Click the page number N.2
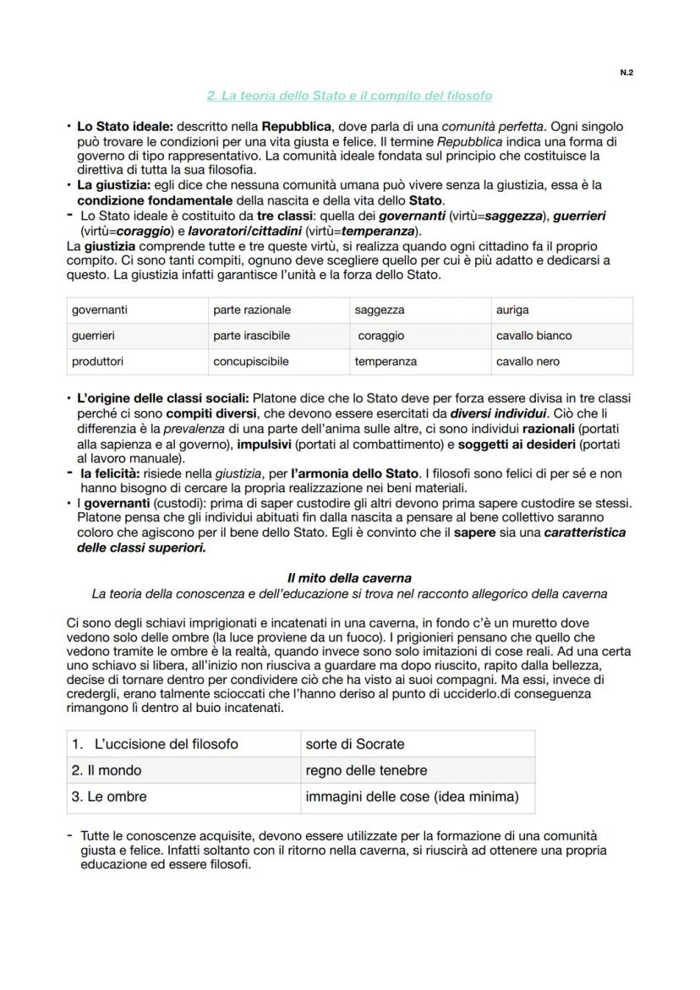(626, 73)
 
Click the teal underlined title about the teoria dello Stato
(349, 96)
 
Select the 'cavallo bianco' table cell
(533, 336)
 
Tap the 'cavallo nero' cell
(527, 361)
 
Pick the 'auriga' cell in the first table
(512, 310)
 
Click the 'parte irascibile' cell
(251, 336)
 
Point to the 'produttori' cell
(97, 361)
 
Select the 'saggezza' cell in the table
(380, 310)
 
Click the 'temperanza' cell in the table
(386, 361)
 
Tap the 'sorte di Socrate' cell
(355, 744)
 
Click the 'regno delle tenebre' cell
(366, 770)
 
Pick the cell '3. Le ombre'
(109, 796)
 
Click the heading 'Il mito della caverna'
(349, 578)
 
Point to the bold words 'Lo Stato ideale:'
(124, 126)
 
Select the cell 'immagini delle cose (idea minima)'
(412, 796)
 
